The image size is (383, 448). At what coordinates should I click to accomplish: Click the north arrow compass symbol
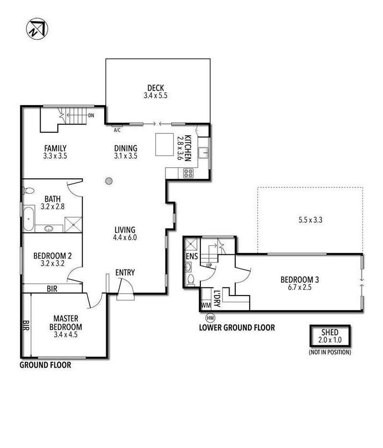(x=37, y=29)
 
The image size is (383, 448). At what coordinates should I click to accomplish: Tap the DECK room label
(x=156, y=87)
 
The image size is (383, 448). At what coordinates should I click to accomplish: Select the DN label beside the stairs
(x=91, y=115)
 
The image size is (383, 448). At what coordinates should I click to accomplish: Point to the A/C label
(x=117, y=130)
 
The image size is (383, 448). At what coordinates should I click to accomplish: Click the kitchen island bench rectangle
(x=164, y=144)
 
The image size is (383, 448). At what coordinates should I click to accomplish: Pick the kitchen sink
(x=204, y=153)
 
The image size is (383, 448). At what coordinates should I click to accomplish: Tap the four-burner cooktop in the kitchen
(x=188, y=173)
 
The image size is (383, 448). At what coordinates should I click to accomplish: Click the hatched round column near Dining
(x=109, y=181)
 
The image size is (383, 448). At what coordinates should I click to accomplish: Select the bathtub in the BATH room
(x=29, y=219)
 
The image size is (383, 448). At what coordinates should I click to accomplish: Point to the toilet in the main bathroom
(x=28, y=190)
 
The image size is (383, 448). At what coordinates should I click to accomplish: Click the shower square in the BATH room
(x=74, y=225)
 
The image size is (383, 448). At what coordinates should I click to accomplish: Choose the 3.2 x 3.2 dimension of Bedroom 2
(x=53, y=263)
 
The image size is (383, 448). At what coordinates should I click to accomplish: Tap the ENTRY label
(x=125, y=273)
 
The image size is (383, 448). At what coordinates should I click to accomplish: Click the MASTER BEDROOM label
(x=66, y=323)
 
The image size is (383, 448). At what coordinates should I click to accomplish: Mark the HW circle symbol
(x=210, y=317)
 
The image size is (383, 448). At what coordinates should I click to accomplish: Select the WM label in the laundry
(x=206, y=305)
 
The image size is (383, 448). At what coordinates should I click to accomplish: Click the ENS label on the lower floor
(x=192, y=256)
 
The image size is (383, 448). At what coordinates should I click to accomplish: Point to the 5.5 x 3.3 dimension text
(x=310, y=220)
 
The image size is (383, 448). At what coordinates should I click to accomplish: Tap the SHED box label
(x=330, y=332)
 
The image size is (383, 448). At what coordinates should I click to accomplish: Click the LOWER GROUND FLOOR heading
(x=237, y=328)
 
